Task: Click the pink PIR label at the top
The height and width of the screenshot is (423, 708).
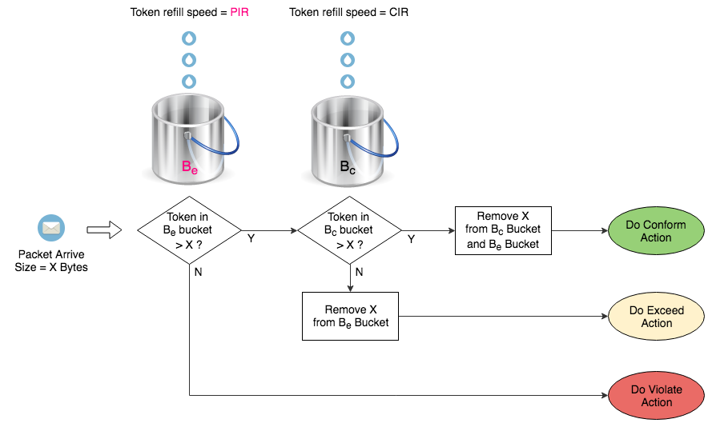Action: coord(239,12)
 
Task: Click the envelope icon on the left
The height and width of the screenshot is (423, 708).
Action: coord(51,229)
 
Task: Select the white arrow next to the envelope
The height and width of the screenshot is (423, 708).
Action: coord(103,230)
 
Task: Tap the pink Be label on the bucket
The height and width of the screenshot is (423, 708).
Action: coord(190,168)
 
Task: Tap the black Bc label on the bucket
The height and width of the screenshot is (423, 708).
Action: coord(348,168)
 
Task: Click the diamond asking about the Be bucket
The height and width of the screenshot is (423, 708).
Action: coord(189,230)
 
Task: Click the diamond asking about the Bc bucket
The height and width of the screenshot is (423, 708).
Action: coord(349,230)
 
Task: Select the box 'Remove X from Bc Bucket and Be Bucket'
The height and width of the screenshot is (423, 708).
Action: coord(503,230)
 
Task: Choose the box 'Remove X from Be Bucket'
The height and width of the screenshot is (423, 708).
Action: coord(350,316)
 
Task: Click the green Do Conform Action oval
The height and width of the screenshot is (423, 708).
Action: coord(656,231)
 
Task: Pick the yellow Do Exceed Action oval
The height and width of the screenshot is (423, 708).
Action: coord(656,317)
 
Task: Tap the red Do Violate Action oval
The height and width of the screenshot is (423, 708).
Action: coord(656,396)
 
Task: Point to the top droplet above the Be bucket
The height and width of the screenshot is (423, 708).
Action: coord(189,38)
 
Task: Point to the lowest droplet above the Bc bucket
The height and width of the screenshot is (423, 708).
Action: coord(348,81)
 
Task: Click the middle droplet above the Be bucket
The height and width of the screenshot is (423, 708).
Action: coord(189,59)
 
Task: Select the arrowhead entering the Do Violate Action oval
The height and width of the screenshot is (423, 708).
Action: coord(605,396)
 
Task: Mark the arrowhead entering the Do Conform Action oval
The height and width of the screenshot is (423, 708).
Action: coord(605,230)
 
